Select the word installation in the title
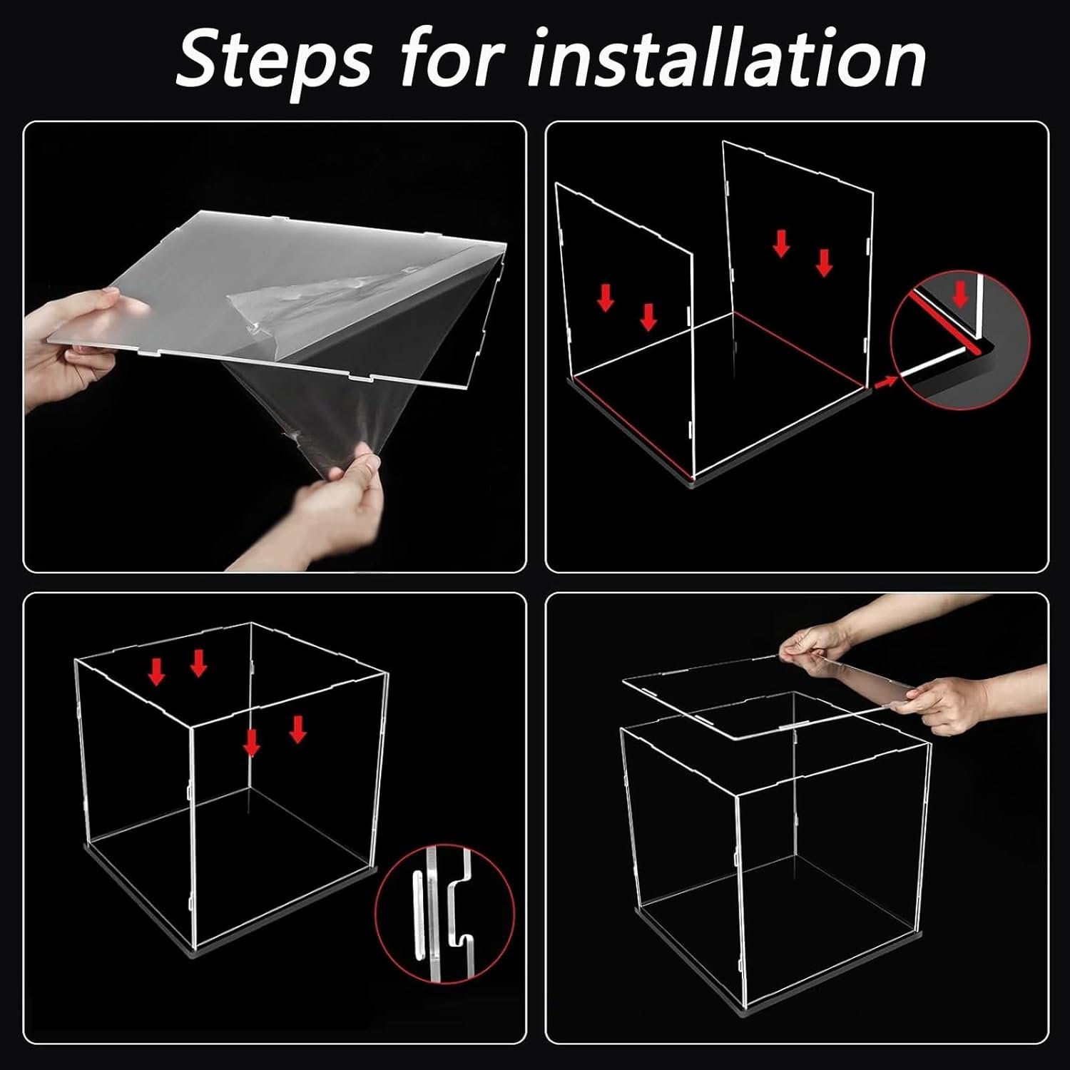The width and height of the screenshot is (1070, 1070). [x=725, y=56]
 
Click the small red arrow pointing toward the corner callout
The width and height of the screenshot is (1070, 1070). [x=885, y=382]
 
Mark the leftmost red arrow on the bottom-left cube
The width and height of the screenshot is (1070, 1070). [x=156, y=671]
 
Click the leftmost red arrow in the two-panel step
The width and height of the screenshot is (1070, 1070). [x=606, y=297]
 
